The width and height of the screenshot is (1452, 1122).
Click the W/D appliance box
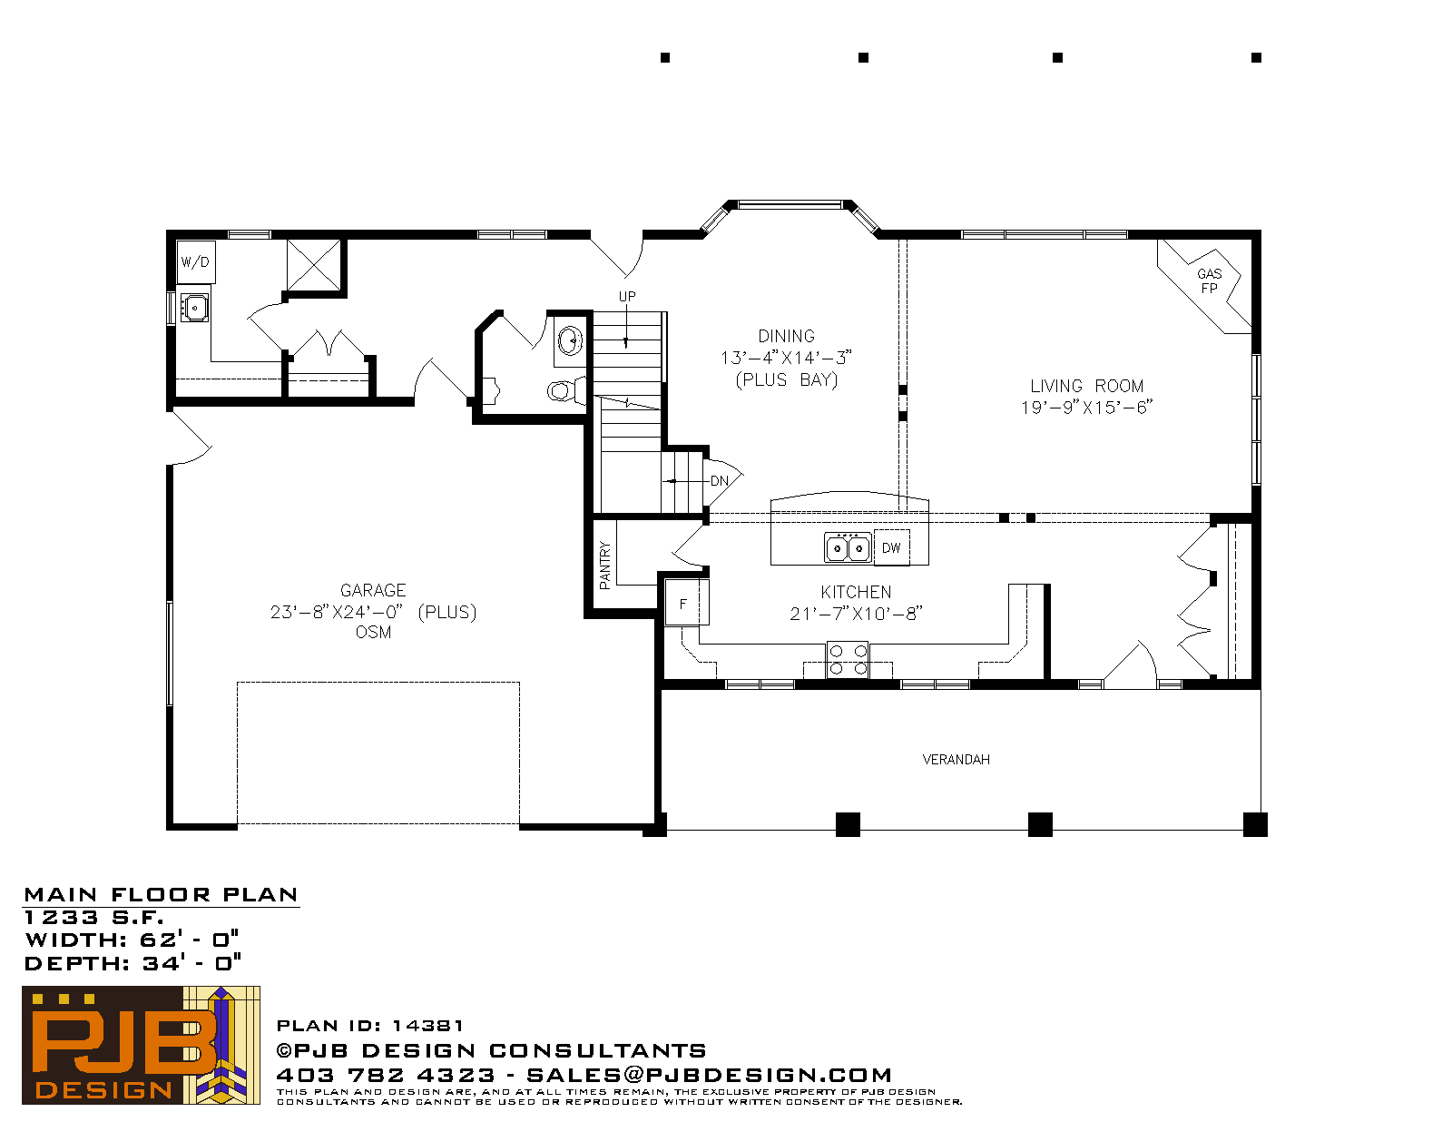click(196, 262)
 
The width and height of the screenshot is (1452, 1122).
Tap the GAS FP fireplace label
click(1209, 280)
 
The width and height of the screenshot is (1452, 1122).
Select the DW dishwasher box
click(891, 548)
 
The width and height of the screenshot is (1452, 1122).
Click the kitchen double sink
click(848, 547)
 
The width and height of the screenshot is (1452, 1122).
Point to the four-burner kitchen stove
click(848, 660)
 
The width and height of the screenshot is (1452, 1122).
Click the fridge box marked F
click(685, 603)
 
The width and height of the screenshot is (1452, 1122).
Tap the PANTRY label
click(604, 566)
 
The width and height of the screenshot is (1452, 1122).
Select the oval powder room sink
click(570, 341)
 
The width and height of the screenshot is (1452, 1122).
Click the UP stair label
click(627, 297)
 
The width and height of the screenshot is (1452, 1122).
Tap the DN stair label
click(719, 481)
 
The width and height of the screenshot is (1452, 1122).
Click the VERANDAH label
click(957, 760)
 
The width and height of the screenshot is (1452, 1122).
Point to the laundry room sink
click(194, 308)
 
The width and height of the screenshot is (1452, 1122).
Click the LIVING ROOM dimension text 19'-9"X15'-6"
click(1086, 408)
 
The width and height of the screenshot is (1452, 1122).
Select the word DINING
click(787, 336)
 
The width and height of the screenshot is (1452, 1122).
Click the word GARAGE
click(373, 591)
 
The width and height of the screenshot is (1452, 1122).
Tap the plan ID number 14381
click(427, 1026)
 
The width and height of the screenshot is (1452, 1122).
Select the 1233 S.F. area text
click(93, 918)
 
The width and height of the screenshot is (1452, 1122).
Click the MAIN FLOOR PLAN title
click(161, 895)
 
